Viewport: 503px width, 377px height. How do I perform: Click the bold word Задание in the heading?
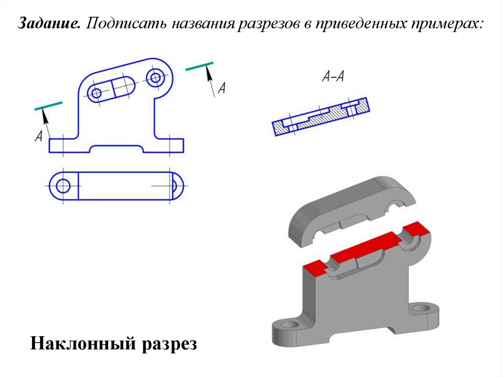coord(49,23)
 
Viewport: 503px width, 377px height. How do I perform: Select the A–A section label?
coord(333,76)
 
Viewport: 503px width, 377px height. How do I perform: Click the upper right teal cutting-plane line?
coord(199,66)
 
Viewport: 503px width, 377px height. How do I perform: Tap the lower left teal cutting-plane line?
coord(49,106)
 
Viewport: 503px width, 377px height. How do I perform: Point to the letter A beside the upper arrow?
coord(222,87)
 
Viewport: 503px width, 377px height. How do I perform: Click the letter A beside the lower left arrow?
coord(38,136)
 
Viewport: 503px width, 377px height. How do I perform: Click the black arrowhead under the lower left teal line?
coord(45,116)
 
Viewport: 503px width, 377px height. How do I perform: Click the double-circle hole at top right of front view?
coord(156,77)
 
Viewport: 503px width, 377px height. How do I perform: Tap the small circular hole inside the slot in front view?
coord(96,93)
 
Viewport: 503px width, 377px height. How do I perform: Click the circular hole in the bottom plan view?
coord(63,186)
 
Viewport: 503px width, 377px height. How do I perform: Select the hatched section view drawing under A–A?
coord(321,116)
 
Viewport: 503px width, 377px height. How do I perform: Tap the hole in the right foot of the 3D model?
coord(421,309)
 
